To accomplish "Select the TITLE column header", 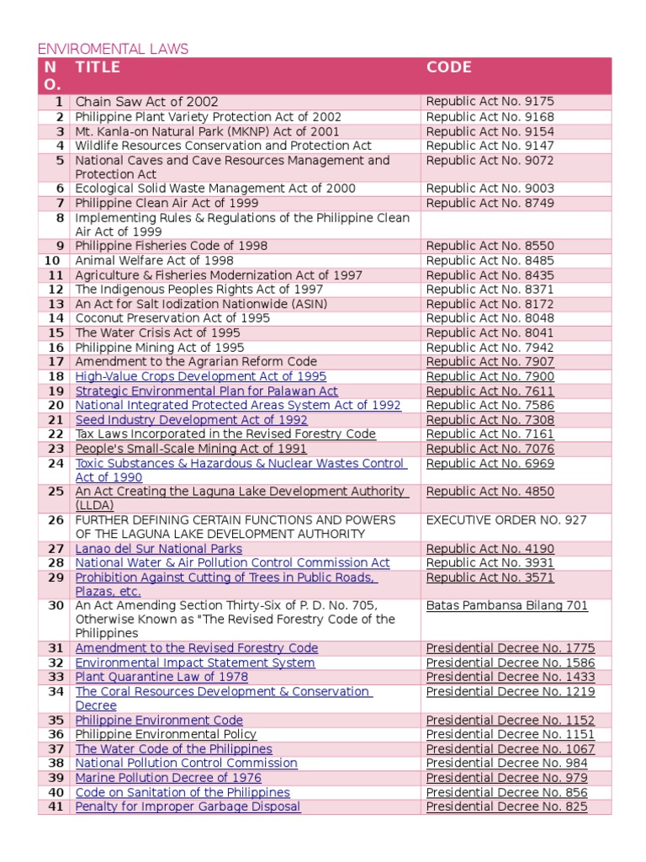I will click(x=98, y=67).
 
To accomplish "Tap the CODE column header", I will click(x=448, y=67).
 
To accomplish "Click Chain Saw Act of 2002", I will click(x=146, y=102).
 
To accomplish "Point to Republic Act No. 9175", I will click(x=490, y=102).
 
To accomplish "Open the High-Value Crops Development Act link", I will click(x=200, y=376).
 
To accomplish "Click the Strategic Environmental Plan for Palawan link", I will click(x=206, y=391).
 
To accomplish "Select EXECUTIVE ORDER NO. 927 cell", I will click(x=506, y=520).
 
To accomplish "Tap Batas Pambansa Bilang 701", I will click(x=506, y=605).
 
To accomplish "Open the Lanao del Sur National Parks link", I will click(x=158, y=549).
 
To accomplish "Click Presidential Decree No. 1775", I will click(x=510, y=648).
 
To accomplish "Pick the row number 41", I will click(x=56, y=806).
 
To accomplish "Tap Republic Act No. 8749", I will click(x=490, y=203).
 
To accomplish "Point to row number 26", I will click(x=56, y=520).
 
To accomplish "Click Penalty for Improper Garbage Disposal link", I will click(x=188, y=806).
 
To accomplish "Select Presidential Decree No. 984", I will click(x=506, y=764).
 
